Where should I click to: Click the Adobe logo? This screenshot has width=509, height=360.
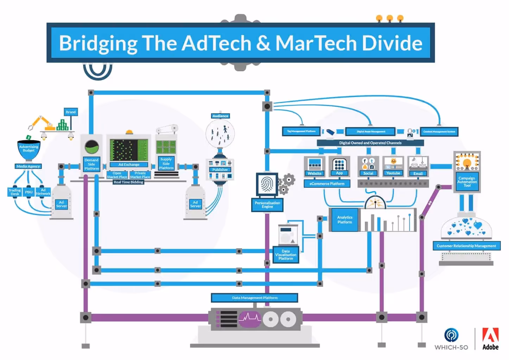490,339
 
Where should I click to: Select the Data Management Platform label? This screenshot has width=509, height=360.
254,298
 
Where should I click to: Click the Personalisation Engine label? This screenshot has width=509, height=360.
267,205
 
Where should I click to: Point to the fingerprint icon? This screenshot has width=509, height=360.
267,184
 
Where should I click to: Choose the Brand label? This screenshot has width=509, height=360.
70,112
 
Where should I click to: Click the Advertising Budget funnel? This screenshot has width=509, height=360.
29,149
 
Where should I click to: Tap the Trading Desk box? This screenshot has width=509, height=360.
15,192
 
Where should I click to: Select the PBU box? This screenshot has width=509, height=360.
28,192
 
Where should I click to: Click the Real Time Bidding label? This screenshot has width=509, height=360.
128,182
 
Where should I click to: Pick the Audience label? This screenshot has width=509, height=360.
220,116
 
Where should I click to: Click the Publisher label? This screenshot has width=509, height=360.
220,170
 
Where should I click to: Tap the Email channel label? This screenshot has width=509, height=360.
418,173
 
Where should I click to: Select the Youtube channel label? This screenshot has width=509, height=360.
393,173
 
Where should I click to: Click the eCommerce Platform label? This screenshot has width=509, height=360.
327,184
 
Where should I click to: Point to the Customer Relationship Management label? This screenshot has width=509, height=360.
466,246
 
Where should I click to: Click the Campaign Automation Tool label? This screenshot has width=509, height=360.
467,182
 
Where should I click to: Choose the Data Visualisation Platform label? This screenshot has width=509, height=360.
286,255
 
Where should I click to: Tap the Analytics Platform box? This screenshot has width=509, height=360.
344,220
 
